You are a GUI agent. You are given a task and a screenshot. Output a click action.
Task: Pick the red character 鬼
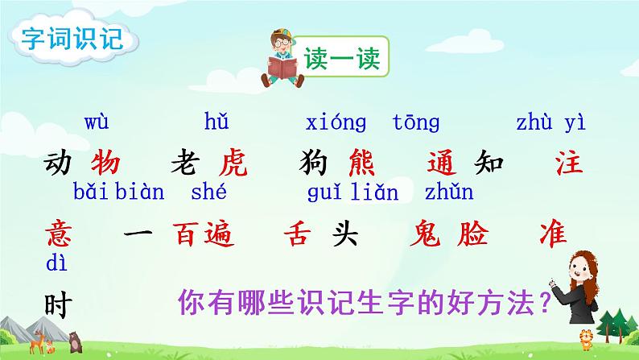pos(424,235)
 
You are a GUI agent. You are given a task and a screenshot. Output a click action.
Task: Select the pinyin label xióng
pos(336,122)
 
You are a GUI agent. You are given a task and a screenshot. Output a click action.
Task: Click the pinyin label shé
pos(212,192)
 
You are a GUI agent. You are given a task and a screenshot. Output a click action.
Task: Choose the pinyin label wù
pos(97,122)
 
